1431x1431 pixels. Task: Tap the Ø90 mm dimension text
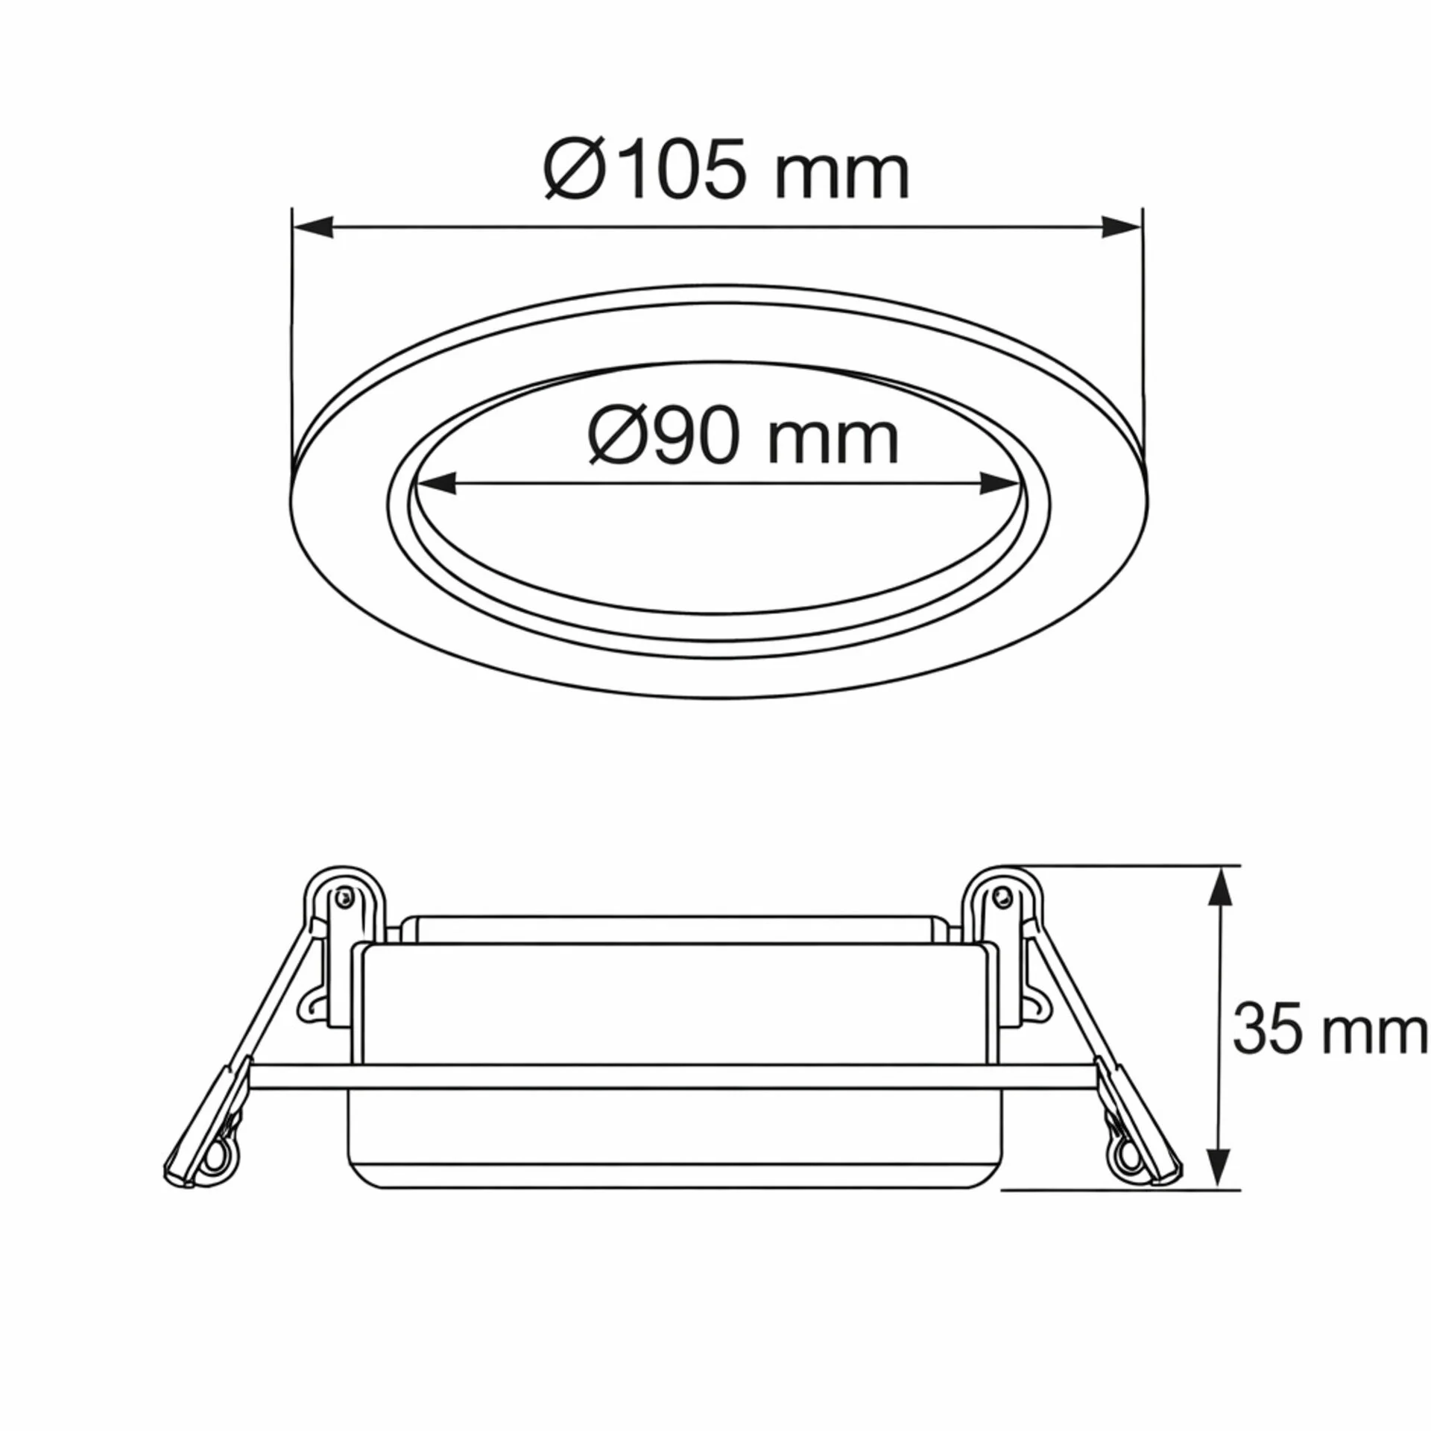pos(743,437)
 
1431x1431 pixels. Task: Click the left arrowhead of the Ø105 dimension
pos(313,227)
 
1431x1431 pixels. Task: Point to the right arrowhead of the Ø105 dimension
pos(1121,227)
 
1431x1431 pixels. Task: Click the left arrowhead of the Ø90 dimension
pos(436,484)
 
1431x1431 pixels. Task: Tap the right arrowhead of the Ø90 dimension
pos(999,484)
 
